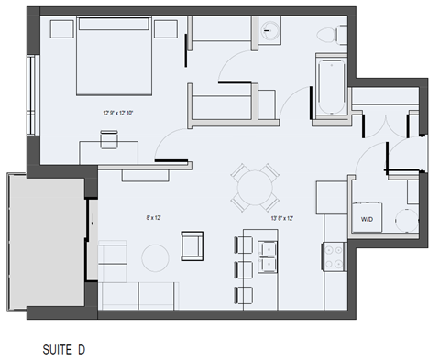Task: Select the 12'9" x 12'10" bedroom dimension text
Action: [x=119, y=113]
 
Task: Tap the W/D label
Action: [x=366, y=219]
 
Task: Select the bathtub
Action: [x=328, y=87]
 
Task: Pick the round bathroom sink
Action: [x=270, y=30]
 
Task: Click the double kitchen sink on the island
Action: [x=269, y=256]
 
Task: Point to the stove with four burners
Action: [x=332, y=253]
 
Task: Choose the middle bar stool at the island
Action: [x=243, y=270]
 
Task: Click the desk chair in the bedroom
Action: [x=109, y=138]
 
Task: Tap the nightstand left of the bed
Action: [x=62, y=29]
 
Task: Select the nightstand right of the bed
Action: [x=165, y=29]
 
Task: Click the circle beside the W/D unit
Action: [x=400, y=221]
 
